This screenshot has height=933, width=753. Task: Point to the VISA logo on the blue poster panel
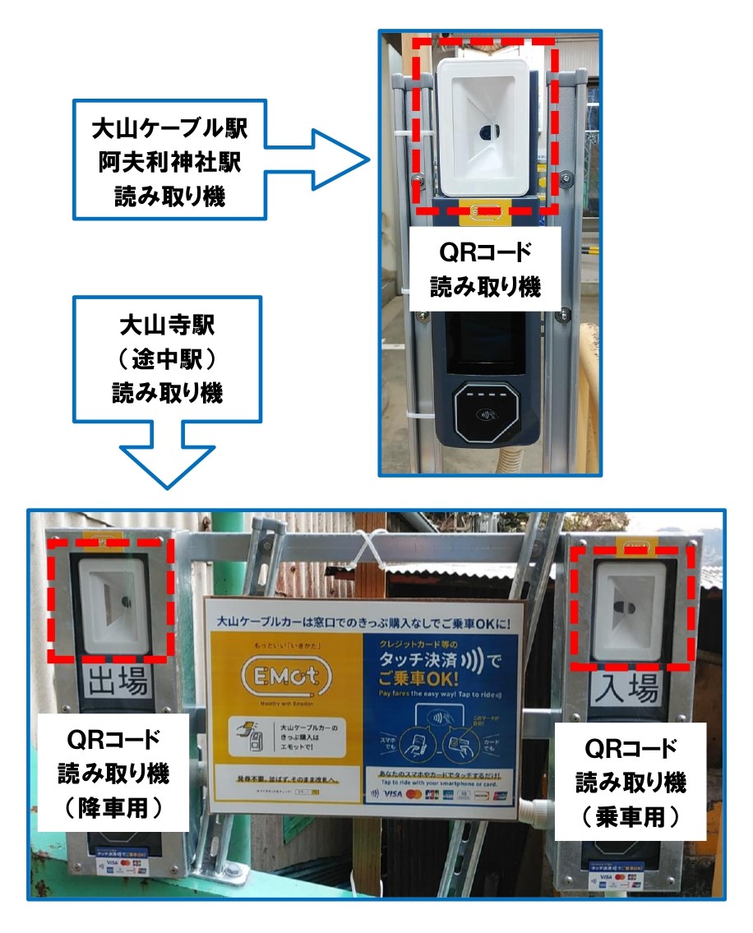point(393,794)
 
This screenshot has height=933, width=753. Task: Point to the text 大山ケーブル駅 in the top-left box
point(169,130)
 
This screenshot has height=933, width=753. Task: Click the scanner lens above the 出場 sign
point(122,602)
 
